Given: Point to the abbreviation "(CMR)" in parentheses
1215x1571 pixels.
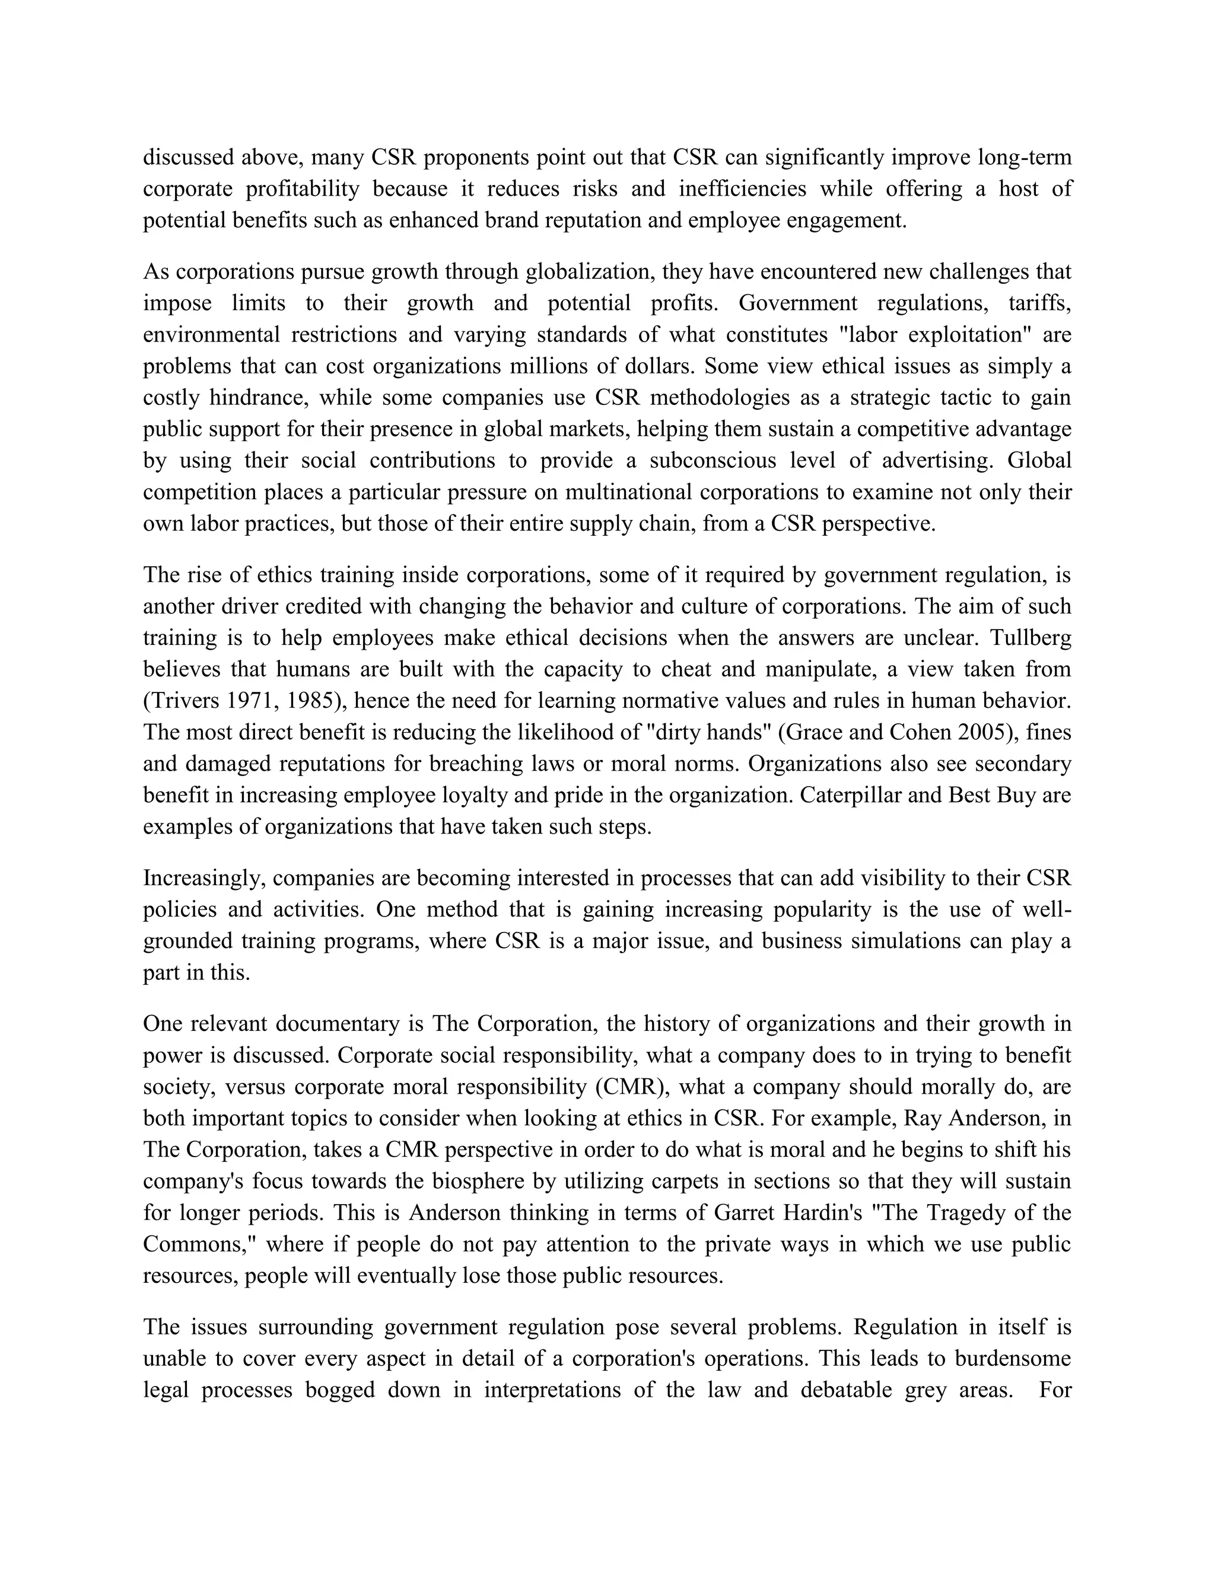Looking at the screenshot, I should (632, 1087).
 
